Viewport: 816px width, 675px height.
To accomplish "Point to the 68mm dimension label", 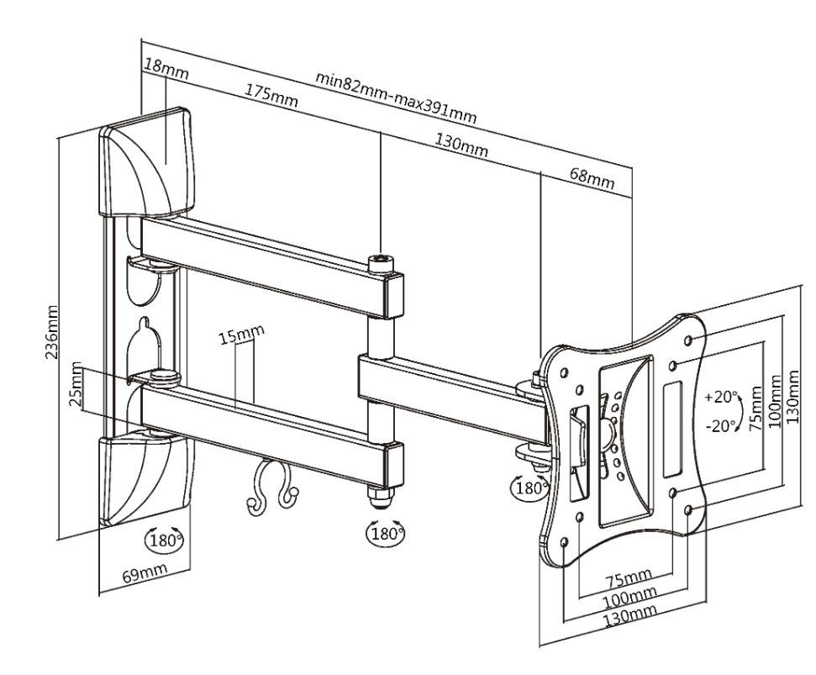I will [x=592, y=176].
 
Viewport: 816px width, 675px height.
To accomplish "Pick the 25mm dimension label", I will [x=77, y=383].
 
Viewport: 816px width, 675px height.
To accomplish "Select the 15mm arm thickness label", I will [x=241, y=333].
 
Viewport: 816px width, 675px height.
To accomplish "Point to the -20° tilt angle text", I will [x=722, y=425].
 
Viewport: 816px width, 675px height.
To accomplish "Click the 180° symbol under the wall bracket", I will [x=165, y=540].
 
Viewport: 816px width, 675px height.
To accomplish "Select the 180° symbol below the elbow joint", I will [x=386, y=532].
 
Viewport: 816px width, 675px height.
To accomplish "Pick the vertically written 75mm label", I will [x=755, y=408].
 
